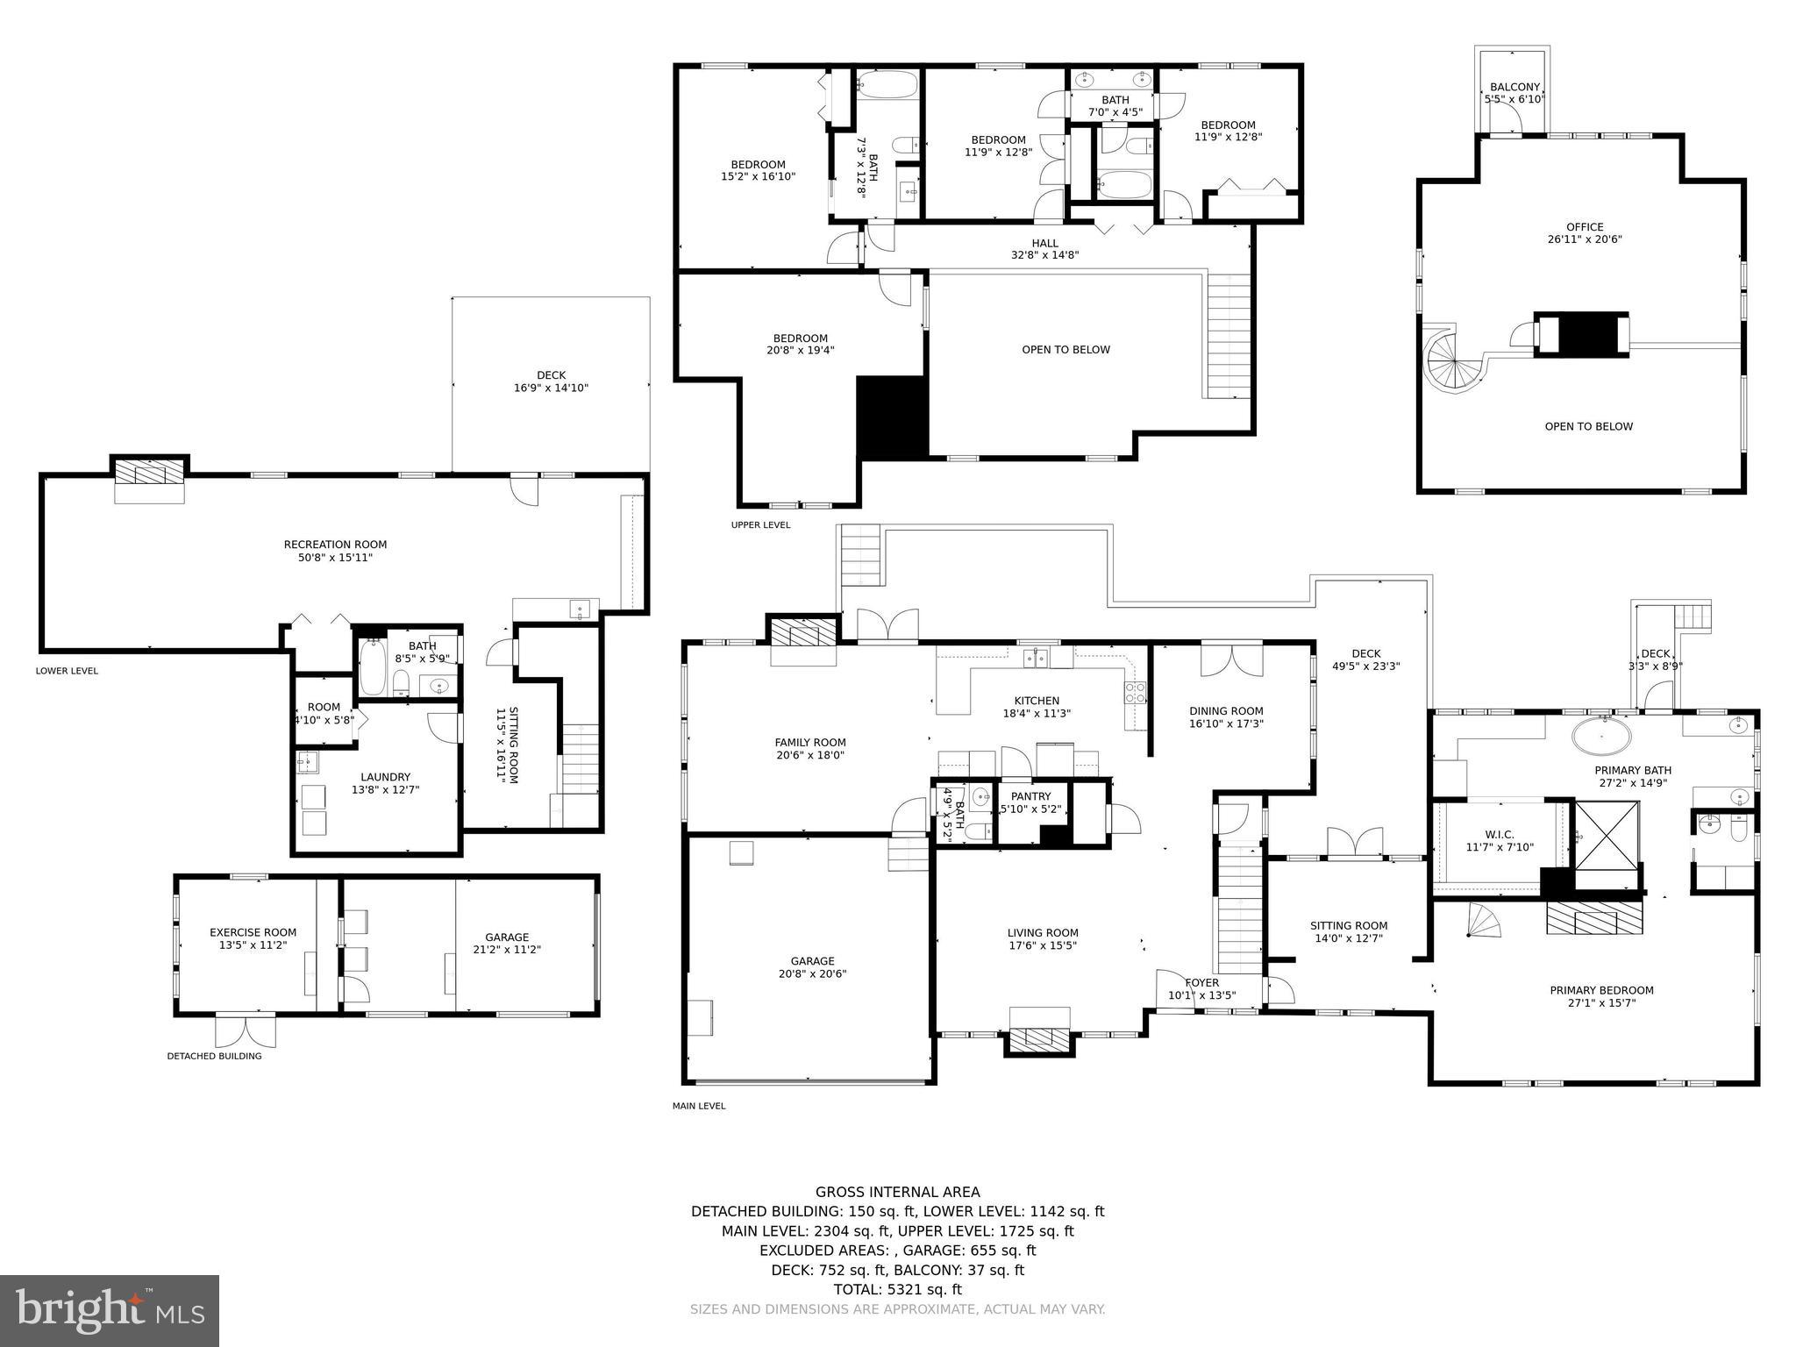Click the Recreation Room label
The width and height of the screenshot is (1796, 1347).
(x=335, y=545)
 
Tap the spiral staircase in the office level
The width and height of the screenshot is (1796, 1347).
(x=1449, y=361)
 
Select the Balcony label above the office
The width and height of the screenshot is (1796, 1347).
(x=1514, y=87)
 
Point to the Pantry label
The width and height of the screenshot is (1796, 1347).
(x=1030, y=796)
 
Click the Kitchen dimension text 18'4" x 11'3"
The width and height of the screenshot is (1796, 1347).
(x=1037, y=714)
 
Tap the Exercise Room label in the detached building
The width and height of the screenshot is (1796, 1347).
(x=253, y=932)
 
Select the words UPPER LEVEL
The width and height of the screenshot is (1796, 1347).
(x=760, y=525)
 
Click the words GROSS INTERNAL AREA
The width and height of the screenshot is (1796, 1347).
(x=897, y=1192)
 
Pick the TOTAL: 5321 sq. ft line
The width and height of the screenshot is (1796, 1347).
(x=897, y=1289)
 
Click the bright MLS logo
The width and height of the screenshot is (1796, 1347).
(x=110, y=1311)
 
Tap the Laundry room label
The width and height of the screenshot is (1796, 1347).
(x=385, y=777)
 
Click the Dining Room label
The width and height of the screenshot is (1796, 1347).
(x=1226, y=711)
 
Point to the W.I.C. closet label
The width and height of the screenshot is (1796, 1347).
(x=1500, y=835)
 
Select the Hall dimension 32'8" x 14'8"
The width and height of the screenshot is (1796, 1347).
(x=1044, y=256)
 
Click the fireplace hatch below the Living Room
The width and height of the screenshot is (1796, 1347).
(x=1039, y=1041)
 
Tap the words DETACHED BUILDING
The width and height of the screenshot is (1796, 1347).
(x=214, y=1056)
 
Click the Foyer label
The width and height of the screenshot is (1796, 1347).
(x=1201, y=983)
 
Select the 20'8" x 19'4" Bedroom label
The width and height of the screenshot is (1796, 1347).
(x=800, y=351)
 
